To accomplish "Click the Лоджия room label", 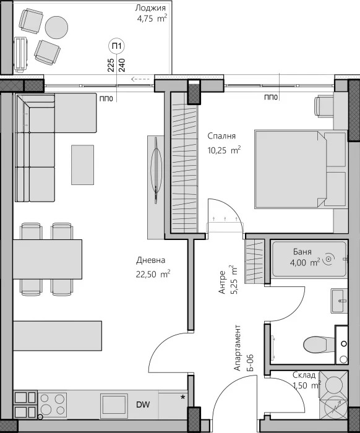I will coord(152,8).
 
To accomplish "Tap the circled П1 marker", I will coord(115,45).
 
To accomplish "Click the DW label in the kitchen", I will coord(143,405).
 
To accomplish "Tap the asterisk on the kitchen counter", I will coord(182,397).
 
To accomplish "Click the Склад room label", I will coord(305,375).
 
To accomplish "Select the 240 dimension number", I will coord(121,64).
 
